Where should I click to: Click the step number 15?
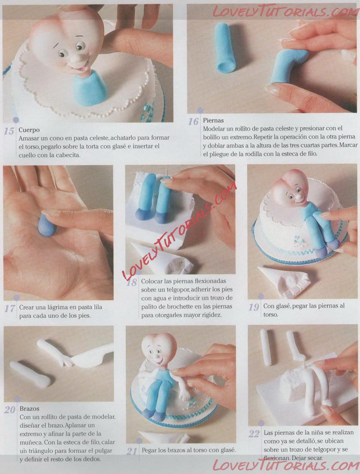9,131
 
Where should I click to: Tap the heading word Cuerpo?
29,130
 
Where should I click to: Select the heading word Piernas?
213,120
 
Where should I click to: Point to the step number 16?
193,121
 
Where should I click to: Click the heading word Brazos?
30,409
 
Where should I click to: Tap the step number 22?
254,434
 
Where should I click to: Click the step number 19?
254,307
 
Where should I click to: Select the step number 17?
9,308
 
